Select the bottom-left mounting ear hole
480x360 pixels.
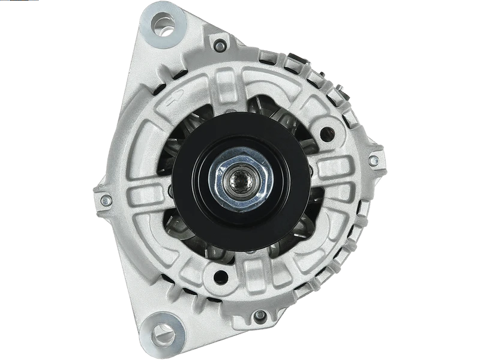(x=163, y=332)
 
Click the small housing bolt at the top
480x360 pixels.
(x=220, y=45)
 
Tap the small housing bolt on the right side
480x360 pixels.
(x=373, y=160)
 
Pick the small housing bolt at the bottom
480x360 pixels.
(x=259, y=315)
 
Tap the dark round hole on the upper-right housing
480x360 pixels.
(x=327, y=134)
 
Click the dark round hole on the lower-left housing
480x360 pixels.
(x=221, y=277)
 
